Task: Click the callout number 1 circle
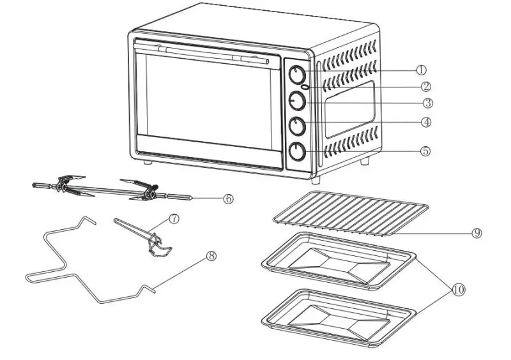[421, 70]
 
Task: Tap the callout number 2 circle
[425, 86]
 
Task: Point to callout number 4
[426, 121]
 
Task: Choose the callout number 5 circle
[425, 152]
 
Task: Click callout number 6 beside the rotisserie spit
[228, 199]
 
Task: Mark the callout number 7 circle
[174, 218]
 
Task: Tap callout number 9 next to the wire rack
[477, 233]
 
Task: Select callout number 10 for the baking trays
[457, 289]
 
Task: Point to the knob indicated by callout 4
[297, 126]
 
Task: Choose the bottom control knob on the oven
[297, 151]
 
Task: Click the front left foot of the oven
[148, 162]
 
